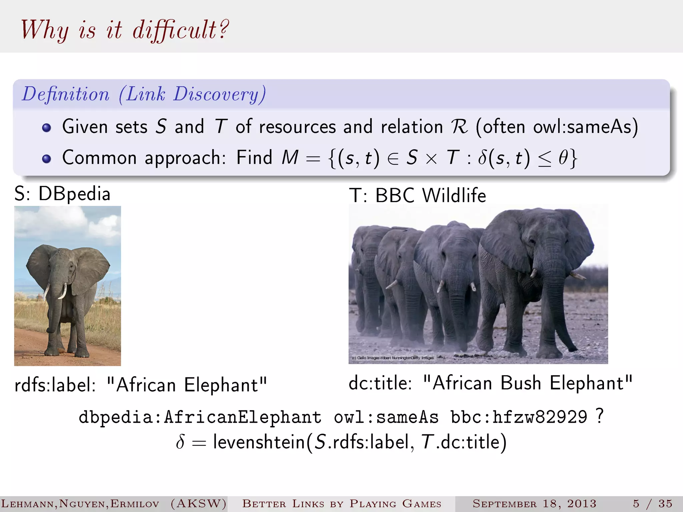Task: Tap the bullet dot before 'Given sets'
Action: (x=47, y=128)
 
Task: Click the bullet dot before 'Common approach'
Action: (x=47, y=159)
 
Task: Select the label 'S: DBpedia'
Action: (x=62, y=194)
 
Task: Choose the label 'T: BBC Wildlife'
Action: (x=418, y=195)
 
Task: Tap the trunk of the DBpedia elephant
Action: (x=55, y=307)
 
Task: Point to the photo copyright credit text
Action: (x=393, y=358)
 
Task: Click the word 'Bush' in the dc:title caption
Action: (x=521, y=383)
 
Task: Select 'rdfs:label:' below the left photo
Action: (x=55, y=385)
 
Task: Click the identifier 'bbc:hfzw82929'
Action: (x=519, y=417)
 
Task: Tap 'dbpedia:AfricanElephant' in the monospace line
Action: (x=200, y=417)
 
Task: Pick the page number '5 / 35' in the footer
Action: (x=653, y=504)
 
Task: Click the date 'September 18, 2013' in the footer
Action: (x=534, y=504)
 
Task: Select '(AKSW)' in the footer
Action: (x=198, y=504)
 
